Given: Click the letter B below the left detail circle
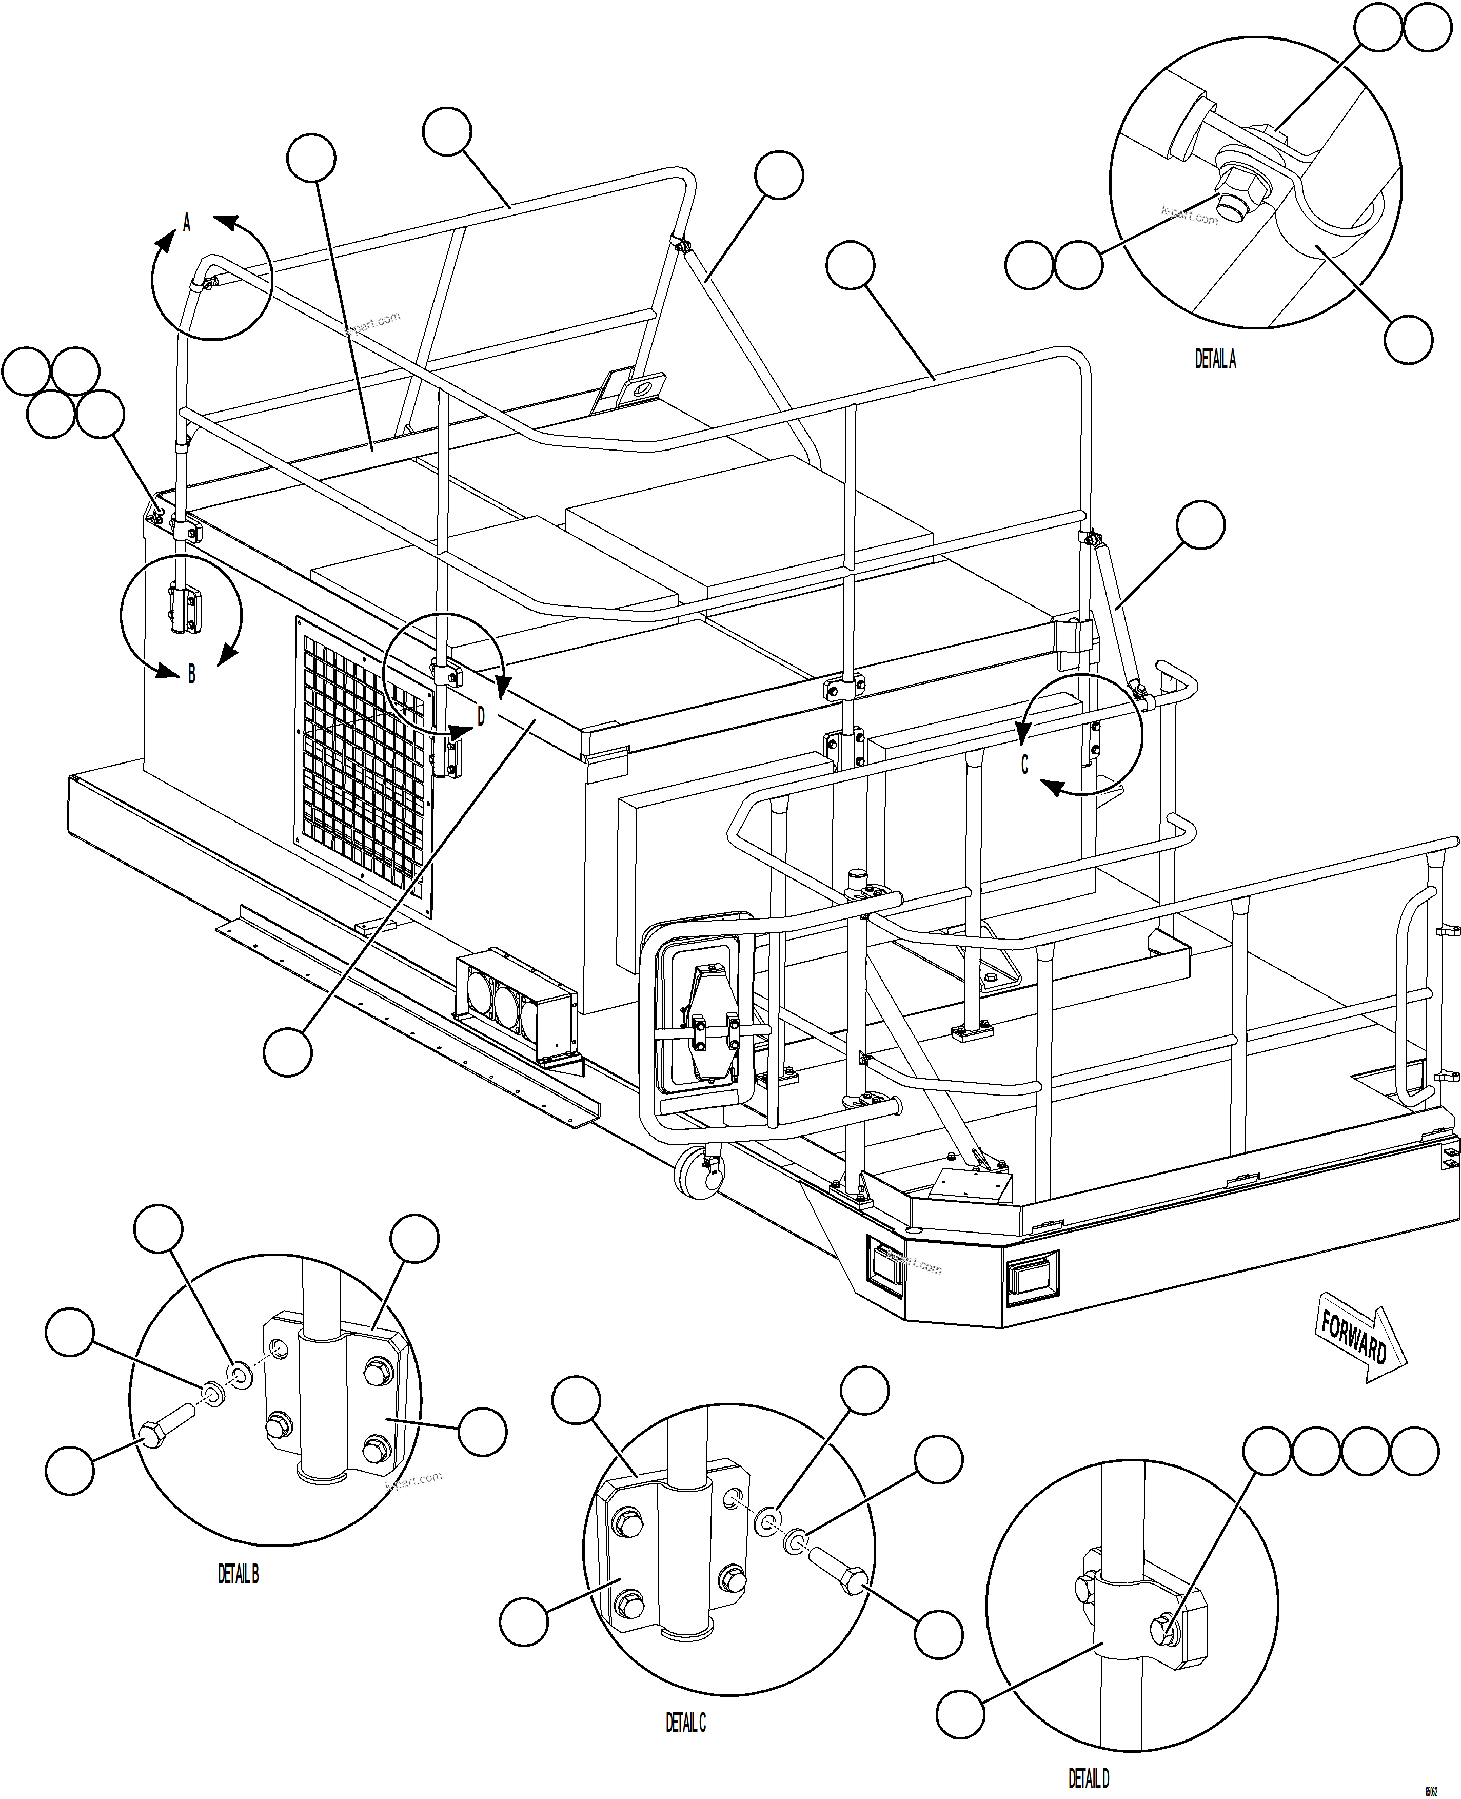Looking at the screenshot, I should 192,674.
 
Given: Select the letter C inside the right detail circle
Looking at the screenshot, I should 1024,765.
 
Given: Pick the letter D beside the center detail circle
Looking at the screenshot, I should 481,716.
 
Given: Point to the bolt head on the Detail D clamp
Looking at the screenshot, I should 1165,1630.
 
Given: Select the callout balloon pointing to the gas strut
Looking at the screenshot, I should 1199,525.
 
